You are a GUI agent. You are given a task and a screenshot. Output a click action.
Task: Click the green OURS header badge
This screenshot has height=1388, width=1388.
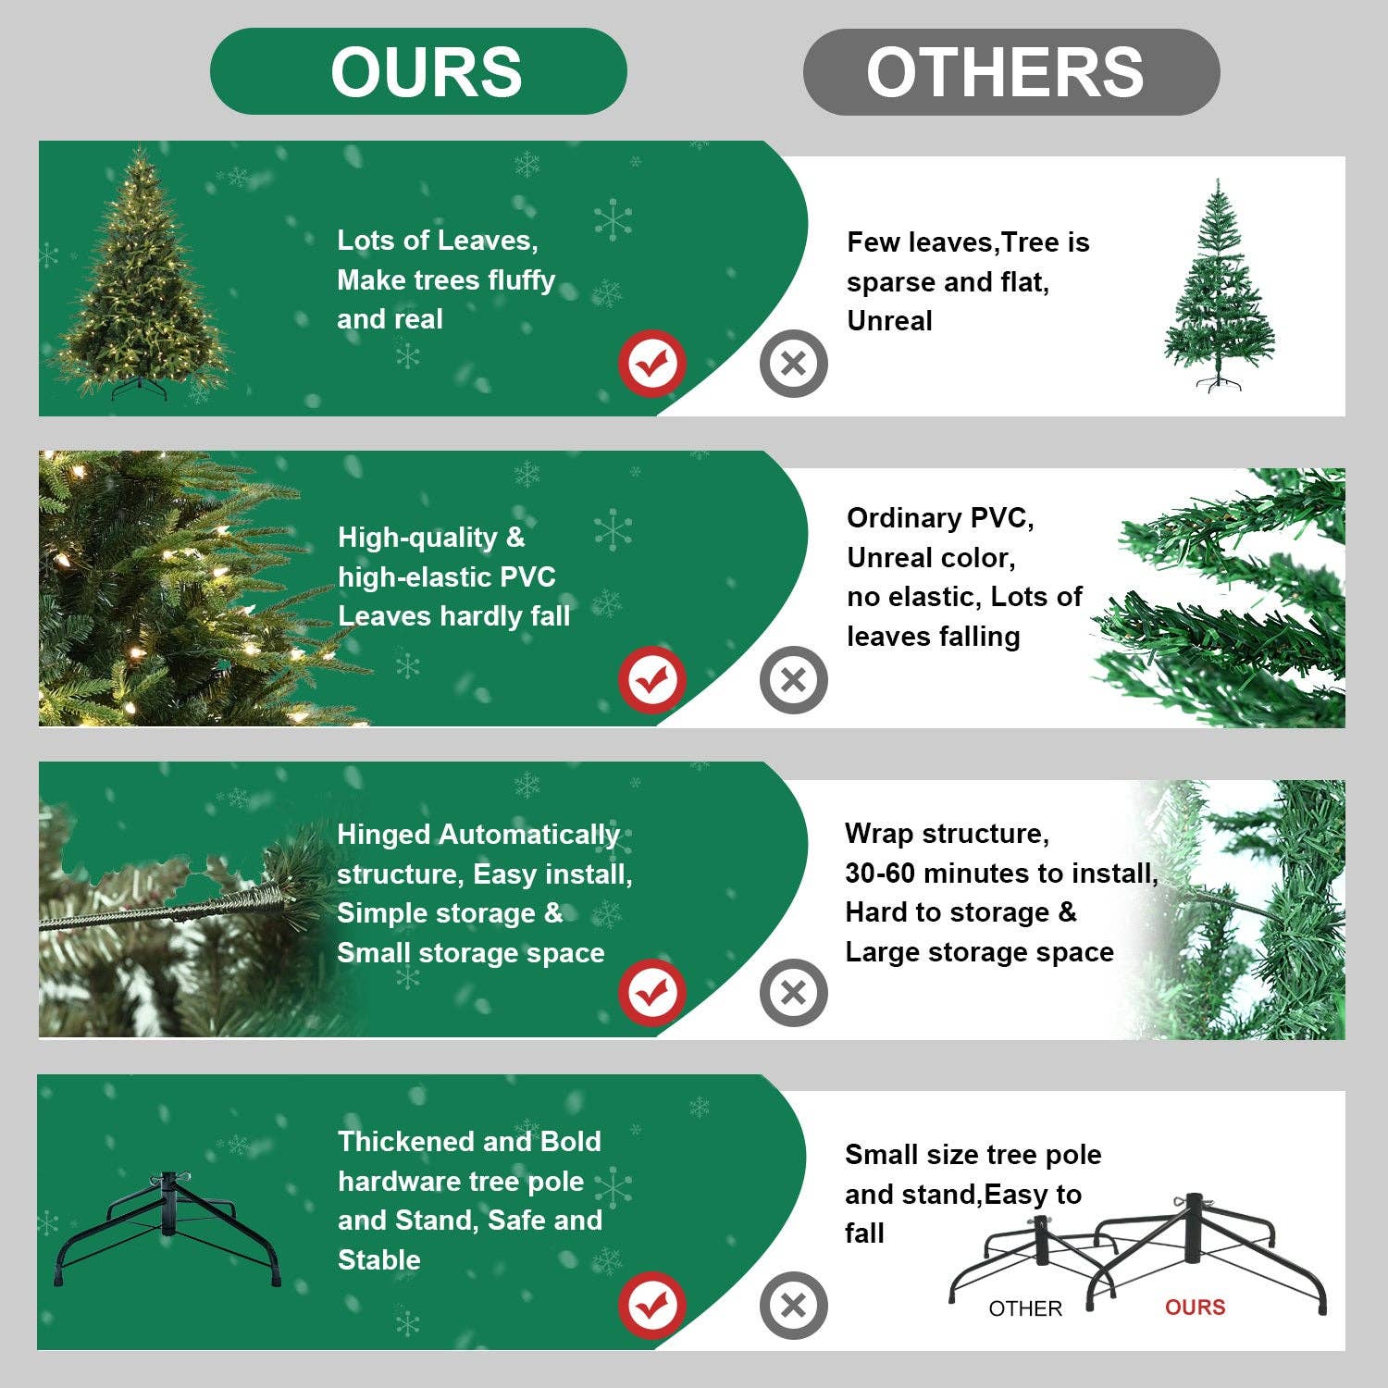point(418,71)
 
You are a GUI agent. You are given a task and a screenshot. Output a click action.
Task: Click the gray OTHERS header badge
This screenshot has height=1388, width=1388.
point(1010,72)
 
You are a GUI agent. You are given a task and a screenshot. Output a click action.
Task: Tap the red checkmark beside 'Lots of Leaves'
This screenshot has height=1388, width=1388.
point(652,363)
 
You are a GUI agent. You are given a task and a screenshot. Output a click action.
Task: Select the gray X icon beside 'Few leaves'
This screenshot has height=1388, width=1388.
point(793,363)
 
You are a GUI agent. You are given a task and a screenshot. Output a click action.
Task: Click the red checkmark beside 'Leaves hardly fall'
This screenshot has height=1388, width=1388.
point(652,680)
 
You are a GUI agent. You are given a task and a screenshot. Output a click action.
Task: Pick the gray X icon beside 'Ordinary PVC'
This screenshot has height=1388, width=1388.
point(793,680)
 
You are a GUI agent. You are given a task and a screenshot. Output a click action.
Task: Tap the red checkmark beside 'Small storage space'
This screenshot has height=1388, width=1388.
point(652,993)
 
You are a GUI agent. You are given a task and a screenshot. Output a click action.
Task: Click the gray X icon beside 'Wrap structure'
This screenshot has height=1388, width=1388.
point(793,993)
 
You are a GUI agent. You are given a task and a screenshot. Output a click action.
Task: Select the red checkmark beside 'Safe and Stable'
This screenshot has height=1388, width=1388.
point(652,1305)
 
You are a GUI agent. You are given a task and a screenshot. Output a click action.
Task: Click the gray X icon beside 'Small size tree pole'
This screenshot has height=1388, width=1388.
point(793,1305)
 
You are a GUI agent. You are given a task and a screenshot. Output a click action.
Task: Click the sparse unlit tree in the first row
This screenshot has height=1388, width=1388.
point(1218,287)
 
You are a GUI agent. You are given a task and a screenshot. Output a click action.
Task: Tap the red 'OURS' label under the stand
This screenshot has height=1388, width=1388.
point(1195,1307)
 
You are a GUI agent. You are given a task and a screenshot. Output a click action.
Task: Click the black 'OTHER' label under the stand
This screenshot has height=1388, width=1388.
point(1025,1308)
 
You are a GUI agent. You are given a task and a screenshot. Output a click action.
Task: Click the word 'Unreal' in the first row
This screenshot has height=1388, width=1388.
point(889,321)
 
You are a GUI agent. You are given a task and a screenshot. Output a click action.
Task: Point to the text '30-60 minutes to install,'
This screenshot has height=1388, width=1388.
point(1001,873)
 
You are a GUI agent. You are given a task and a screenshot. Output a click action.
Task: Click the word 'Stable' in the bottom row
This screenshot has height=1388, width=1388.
point(379,1259)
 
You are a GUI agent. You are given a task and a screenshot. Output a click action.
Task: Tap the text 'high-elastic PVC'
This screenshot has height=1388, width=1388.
point(446,576)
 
